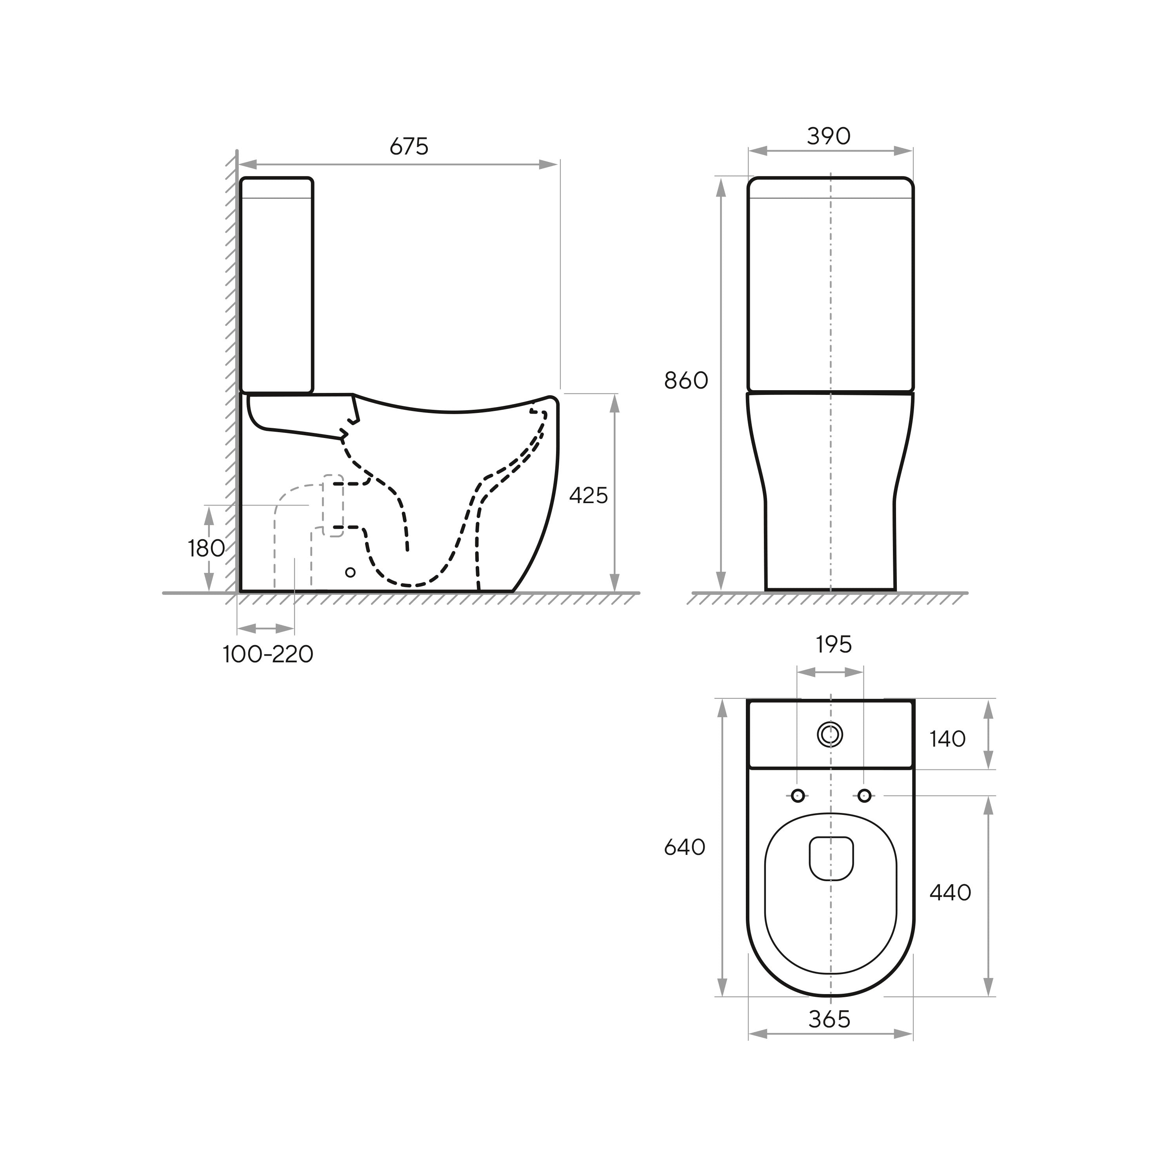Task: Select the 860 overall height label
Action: click(x=686, y=381)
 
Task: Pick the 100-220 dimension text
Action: click(x=268, y=654)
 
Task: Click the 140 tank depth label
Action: click(x=947, y=739)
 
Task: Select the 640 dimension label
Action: click(x=685, y=847)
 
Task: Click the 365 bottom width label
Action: click(x=829, y=1019)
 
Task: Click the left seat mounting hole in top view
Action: click(x=798, y=795)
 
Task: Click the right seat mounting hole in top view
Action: click(x=864, y=795)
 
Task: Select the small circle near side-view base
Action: click(x=351, y=573)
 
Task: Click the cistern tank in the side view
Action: click(x=276, y=285)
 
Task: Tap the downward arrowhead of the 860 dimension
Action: click(x=721, y=580)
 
